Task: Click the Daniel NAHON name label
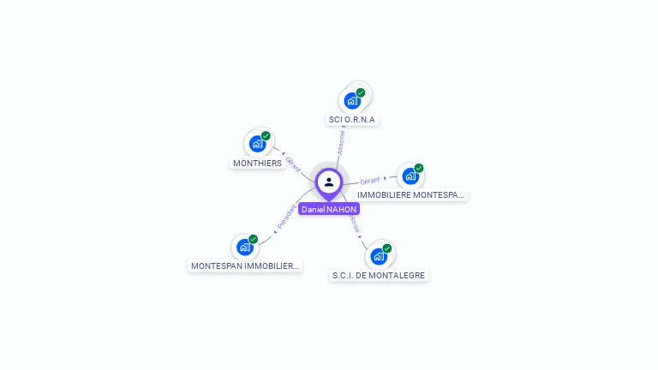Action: [x=329, y=209]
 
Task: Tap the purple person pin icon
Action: [x=329, y=182]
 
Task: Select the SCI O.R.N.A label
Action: [x=352, y=120]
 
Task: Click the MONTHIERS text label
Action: [x=257, y=163]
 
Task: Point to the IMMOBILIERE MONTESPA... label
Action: [x=411, y=195]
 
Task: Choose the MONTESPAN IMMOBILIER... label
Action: [x=246, y=266]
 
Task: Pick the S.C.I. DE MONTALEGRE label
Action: [x=379, y=276]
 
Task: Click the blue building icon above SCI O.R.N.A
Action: [x=352, y=101]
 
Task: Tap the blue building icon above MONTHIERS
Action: [x=256, y=144]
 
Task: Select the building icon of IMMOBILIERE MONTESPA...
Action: [x=410, y=176]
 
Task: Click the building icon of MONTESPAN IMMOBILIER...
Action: [x=245, y=248]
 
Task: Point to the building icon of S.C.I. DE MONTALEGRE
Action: [x=378, y=256]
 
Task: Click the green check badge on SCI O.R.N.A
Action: [x=361, y=92]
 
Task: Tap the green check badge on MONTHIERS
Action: [x=266, y=136]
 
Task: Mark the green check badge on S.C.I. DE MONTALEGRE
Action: [x=387, y=248]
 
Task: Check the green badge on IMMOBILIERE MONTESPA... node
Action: [x=419, y=169]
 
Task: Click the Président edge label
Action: [x=287, y=217]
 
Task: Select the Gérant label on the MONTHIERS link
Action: [x=293, y=163]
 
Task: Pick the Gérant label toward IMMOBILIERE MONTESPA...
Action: [x=370, y=181]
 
